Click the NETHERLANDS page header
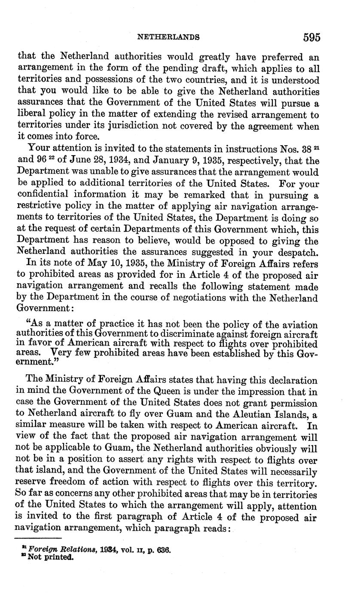pos(168,38)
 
